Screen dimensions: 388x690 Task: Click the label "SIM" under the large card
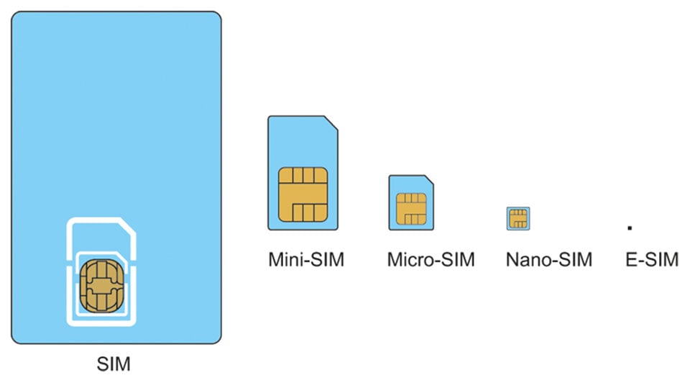coord(114,364)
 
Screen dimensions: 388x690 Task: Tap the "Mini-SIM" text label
coord(306,259)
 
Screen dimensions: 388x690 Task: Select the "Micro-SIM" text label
coord(431,259)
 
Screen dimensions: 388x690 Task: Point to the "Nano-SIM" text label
coord(548,259)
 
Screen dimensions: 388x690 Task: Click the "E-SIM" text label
coord(651,259)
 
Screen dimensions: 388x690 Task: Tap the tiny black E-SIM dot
coord(630,227)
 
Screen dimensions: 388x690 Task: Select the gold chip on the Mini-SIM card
coord(303,194)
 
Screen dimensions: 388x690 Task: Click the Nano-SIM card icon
coord(518,218)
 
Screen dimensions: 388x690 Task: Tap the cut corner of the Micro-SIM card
coord(428,179)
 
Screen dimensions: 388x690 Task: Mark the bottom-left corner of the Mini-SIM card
coord(270,227)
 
